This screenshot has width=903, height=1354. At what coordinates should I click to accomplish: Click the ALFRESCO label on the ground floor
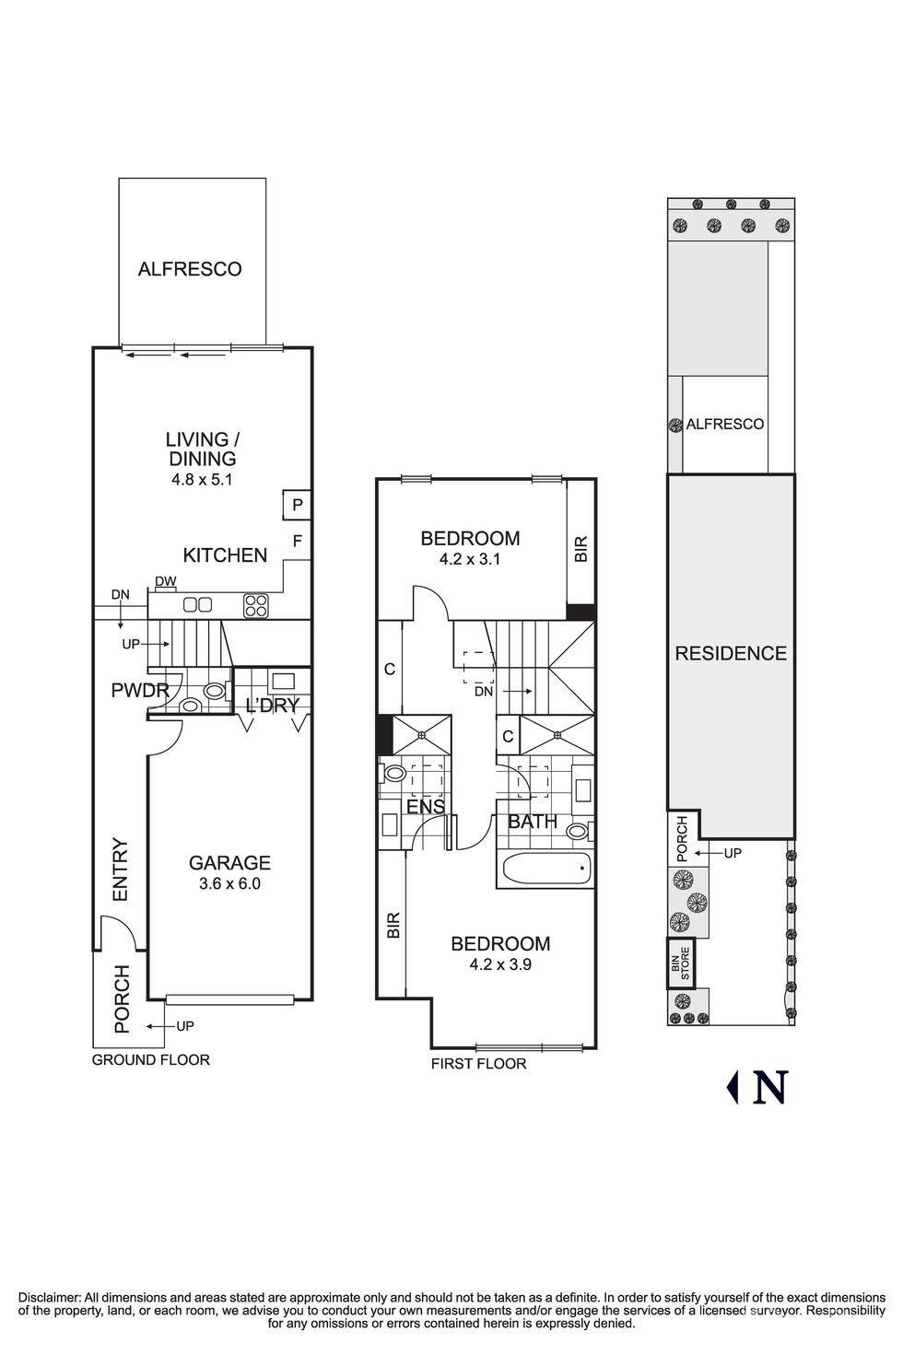[x=190, y=269]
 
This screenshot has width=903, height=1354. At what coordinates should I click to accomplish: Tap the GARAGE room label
[x=229, y=862]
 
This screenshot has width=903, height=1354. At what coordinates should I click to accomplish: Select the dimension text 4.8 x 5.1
[x=203, y=481]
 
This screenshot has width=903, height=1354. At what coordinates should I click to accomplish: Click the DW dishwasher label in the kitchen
[x=165, y=581]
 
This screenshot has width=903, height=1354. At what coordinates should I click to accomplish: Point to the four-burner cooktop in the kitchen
[x=256, y=606]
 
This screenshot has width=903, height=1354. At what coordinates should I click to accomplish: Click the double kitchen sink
[x=198, y=604]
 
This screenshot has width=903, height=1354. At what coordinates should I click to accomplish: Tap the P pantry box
[x=297, y=505]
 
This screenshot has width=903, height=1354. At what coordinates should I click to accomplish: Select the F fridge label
[x=297, y=541]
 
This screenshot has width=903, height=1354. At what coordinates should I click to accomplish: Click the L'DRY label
[x=272, y=705]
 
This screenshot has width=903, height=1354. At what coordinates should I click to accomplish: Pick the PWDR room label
[x=140, y=690]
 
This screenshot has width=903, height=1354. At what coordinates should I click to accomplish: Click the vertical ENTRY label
[x=121, y=870]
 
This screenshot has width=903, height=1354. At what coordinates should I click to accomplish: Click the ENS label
[x=425, y=806]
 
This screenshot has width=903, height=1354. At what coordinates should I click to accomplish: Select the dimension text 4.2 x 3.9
[x=500, y=964]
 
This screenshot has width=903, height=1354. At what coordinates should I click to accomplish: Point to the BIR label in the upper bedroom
[x=580, y=548]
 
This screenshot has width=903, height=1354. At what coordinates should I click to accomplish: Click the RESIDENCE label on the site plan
[x=731, y=653]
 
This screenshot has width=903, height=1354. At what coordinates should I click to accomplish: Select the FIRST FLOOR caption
[x=478, y=1064]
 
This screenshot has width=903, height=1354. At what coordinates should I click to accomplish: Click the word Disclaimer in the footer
[x=50, y=1297]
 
